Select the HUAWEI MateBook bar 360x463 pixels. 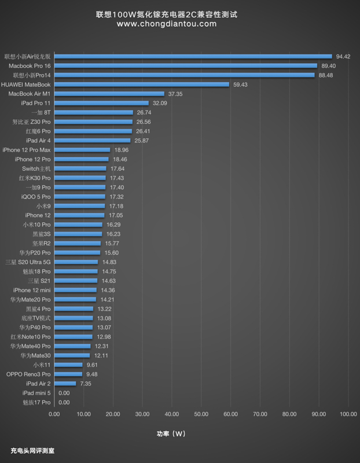coord(142,84)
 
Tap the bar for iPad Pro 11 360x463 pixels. coord(101,103)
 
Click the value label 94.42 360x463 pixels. coord(343,56)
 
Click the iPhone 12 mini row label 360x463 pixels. coord(31,290)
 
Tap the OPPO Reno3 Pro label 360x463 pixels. coord(28,374)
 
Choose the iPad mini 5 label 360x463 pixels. coord(35,392)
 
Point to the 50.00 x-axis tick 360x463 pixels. coord(201,414)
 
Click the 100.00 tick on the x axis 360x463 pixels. coord(348,414)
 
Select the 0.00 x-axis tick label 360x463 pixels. coord(54,414)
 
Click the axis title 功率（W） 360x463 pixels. coord(171,433)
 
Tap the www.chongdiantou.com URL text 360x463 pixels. coord(167,24)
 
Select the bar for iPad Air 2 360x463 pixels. coord(65,383)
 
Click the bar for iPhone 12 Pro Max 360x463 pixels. coord(82,149)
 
